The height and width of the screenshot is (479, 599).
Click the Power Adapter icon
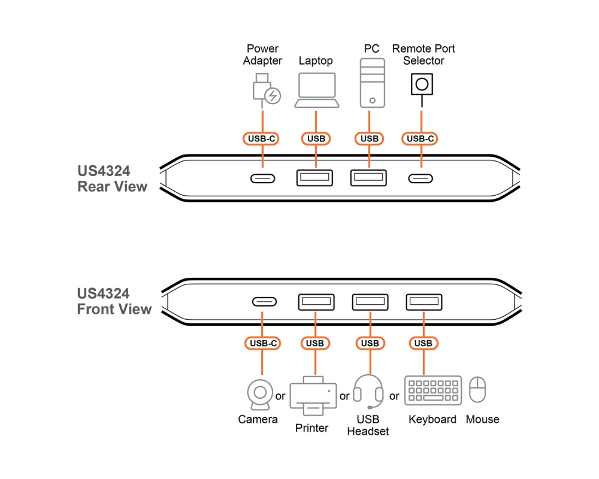(267, 90)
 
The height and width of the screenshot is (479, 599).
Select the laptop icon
(317, 90)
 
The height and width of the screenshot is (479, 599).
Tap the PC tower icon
(372, 83)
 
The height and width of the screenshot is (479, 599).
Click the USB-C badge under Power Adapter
(261, 139)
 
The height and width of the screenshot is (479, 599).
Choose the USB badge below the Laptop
(316, 139)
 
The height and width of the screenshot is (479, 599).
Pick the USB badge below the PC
(370, 139)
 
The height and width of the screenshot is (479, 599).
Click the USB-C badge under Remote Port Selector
(420, 139)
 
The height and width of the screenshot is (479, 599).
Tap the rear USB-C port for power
(262, 178)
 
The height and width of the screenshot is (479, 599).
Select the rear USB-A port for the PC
(368, 178)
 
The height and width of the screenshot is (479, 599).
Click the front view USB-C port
(264, 302)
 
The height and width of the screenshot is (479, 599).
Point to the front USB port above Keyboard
(424, 302)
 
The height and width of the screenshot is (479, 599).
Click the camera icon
(260, 394)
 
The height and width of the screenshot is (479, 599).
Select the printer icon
(313, 396)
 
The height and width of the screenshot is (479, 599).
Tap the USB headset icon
(368, 392)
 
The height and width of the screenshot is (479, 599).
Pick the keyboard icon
(433, 390)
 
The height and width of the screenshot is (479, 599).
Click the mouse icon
(477, 390)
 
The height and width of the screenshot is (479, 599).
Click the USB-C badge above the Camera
(263, 344)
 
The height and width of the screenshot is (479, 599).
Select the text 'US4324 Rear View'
(113, 179)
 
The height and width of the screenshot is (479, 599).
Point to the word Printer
(311, 428)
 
